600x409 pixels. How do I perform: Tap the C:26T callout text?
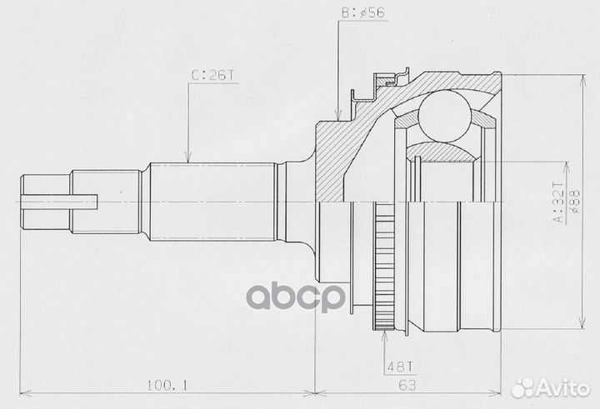pyautogui.click(x=213, y=75)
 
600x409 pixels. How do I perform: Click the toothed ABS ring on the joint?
pyautogui.click(x=383, y=272)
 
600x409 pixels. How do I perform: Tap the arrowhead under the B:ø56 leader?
pyautogui.click(x=338, y=117)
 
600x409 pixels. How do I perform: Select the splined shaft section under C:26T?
pyautogui.click(x=212, y=201)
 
